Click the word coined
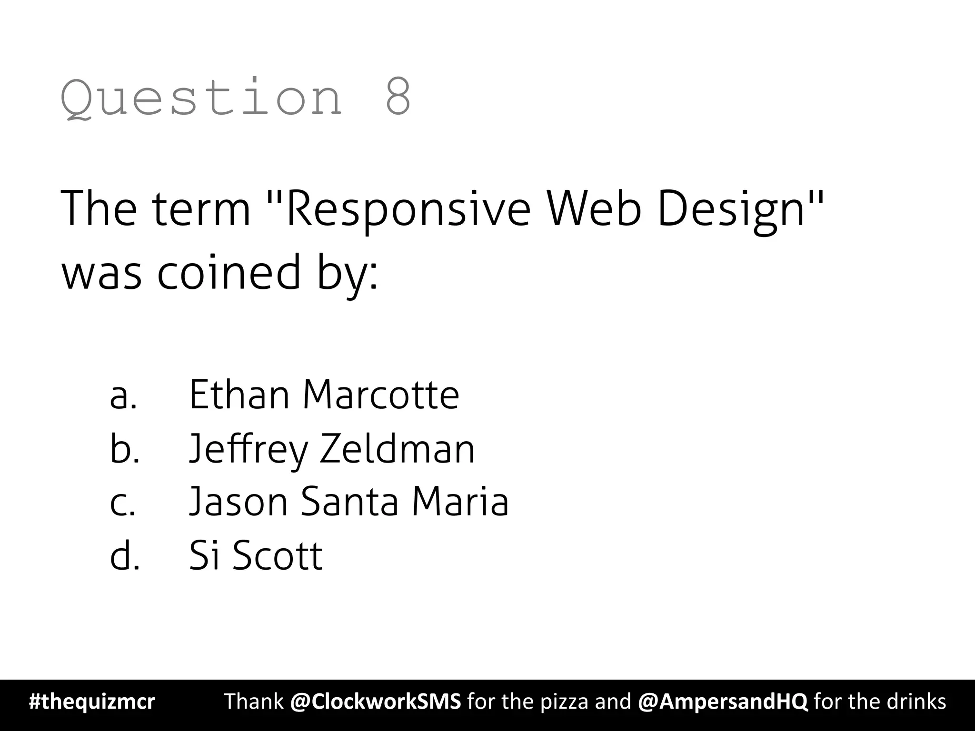coord(229,272)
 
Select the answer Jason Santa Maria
coord(349,502)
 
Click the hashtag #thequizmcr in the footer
coord(92,702)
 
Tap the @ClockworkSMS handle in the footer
coord(375,701)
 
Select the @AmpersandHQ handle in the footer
coord(722,701)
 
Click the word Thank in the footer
coord(254,701)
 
